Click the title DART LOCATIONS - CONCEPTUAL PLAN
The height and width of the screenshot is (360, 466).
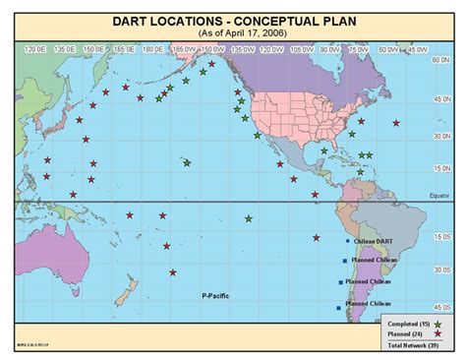tap(232, 19)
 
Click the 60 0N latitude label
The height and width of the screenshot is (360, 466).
tap(441, 59)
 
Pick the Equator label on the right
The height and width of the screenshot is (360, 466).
tap(439, 196)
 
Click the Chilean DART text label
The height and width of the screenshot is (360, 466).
tap(375, 241)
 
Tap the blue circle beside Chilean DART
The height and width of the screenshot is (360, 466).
tap(347, 241)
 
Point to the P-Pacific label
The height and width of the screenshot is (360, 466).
tap(216, 295)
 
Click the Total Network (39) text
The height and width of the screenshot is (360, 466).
tap(412, 345)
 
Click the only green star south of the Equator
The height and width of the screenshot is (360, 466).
tap(249, 218)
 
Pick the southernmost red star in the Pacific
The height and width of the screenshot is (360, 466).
tap(173, 272)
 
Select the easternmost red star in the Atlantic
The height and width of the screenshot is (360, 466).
tap(396, 123)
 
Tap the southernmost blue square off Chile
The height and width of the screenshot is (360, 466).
tap(339, 308)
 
